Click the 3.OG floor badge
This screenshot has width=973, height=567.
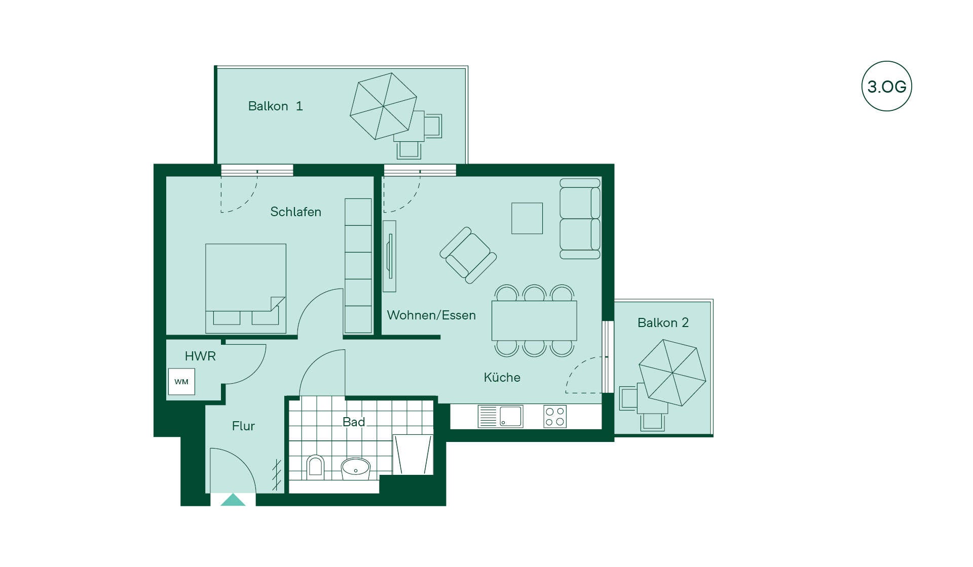pos(887,86)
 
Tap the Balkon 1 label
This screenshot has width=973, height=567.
pos(275,106)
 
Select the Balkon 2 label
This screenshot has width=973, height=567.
pos(663,323)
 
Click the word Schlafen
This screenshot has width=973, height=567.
pos(295,212)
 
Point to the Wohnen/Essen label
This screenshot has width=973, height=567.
pos(431,315)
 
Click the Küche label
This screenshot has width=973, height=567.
pos(502,377)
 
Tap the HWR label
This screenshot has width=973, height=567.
pos(200,356)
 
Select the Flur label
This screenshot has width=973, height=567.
pos(243,426)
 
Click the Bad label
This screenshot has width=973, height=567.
pos(354,422)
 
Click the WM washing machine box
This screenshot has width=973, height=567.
pos(181,382)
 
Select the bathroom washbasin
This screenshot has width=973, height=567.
pos(356,469)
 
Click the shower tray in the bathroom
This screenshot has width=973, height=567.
pos(413,455)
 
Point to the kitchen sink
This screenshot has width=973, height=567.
pos(500,417)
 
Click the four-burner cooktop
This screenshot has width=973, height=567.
pos(555,417)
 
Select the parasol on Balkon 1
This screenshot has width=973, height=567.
pos(384,106)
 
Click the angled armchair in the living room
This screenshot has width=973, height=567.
pos(468,255)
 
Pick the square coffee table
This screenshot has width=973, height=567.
pos(527,218)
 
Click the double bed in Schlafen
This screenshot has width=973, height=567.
pos(246,289)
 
